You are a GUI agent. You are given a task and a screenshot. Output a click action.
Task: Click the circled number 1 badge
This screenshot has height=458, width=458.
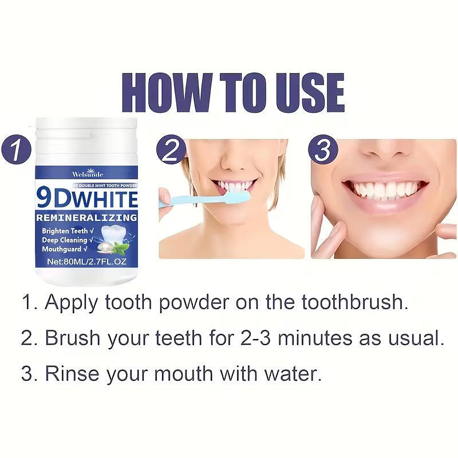[17, 152]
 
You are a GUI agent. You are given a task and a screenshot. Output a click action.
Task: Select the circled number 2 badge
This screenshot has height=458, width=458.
[171, 152]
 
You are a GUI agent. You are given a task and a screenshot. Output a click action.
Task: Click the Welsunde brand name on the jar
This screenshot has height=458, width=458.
[87, 173]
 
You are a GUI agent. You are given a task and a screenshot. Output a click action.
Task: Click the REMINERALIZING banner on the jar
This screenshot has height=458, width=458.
[87, 218]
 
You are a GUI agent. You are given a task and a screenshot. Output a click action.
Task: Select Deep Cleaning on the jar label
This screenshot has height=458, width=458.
[64, 240]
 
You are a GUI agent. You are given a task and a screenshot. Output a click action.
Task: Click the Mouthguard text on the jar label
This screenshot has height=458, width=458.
[62, 250]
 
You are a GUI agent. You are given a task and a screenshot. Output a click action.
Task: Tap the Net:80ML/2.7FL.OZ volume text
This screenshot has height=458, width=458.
[87, 261]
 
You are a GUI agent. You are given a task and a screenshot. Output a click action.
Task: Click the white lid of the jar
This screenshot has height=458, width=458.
[87, 137]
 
